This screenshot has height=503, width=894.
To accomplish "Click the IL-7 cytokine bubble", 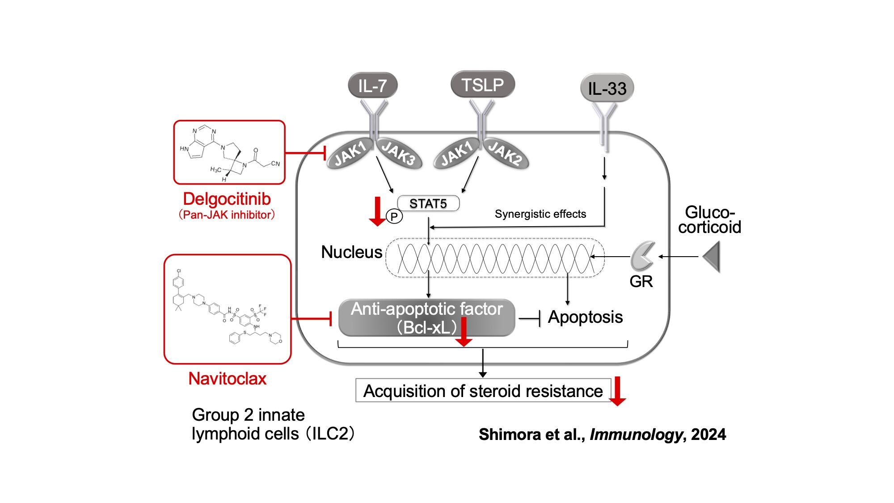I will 372,85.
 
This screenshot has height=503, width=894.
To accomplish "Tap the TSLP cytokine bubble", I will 482,85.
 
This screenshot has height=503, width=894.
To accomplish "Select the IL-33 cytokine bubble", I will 607,88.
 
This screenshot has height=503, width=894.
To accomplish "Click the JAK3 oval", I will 399,153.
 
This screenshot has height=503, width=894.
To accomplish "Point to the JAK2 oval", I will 505,153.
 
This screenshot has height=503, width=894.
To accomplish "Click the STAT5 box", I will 428,203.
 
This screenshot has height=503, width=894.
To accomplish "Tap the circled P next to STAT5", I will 394,217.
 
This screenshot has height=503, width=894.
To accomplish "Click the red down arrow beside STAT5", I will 377,211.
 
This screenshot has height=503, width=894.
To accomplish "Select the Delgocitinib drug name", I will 227,199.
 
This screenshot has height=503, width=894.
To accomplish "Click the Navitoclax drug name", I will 227,379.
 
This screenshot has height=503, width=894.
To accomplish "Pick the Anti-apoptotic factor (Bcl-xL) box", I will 426,317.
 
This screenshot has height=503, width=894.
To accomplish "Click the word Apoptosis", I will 585,317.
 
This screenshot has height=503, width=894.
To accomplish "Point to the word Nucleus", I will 351,252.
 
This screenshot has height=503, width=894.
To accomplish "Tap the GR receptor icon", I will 642,256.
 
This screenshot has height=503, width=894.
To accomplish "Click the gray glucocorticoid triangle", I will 712,257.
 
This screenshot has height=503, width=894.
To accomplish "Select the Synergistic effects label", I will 540,214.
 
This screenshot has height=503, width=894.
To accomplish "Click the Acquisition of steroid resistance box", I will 483,391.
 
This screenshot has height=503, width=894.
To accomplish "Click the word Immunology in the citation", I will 636,434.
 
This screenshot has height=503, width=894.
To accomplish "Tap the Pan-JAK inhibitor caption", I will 227,215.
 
